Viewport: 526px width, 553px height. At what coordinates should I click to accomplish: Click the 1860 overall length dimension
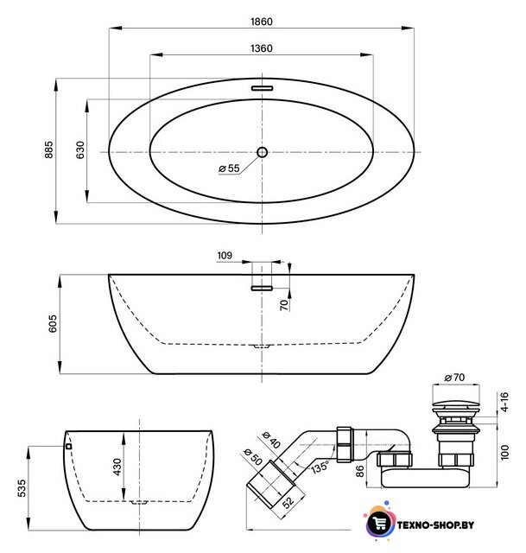pos(261,22)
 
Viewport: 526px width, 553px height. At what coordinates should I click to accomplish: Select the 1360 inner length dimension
pos(261,48)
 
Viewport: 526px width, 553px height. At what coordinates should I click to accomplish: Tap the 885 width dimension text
pos(48,149)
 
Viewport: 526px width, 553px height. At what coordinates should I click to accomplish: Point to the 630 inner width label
pos(80,149)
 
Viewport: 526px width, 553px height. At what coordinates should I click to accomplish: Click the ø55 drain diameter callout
pos(229,168)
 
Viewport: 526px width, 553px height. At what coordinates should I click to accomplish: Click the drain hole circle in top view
pos(262,152)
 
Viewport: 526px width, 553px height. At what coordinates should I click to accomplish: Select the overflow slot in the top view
pos(262,88)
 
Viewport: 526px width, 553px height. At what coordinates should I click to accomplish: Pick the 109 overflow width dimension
pos(225,256)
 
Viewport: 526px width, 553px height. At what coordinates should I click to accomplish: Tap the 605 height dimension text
pos(52,323)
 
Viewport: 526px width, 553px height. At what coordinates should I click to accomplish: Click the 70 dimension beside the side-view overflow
pos(284,305)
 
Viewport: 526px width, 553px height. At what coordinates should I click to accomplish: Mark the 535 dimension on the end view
pos(22,488)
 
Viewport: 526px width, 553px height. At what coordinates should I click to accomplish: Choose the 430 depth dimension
pos(117,467)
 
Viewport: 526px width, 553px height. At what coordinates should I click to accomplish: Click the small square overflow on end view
pos(69,446)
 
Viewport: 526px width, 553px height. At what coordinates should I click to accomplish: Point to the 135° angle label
pos(320,467)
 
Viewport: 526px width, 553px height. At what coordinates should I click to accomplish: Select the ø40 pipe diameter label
pos(271,440)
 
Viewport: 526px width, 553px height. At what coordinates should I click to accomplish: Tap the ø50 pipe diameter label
pos(253,457)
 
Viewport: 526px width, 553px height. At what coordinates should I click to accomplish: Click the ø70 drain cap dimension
pos(454,378)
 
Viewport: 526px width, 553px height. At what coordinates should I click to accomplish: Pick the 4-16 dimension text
pos(505,402)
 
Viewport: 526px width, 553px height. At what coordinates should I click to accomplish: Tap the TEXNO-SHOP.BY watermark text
pos(435,525)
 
